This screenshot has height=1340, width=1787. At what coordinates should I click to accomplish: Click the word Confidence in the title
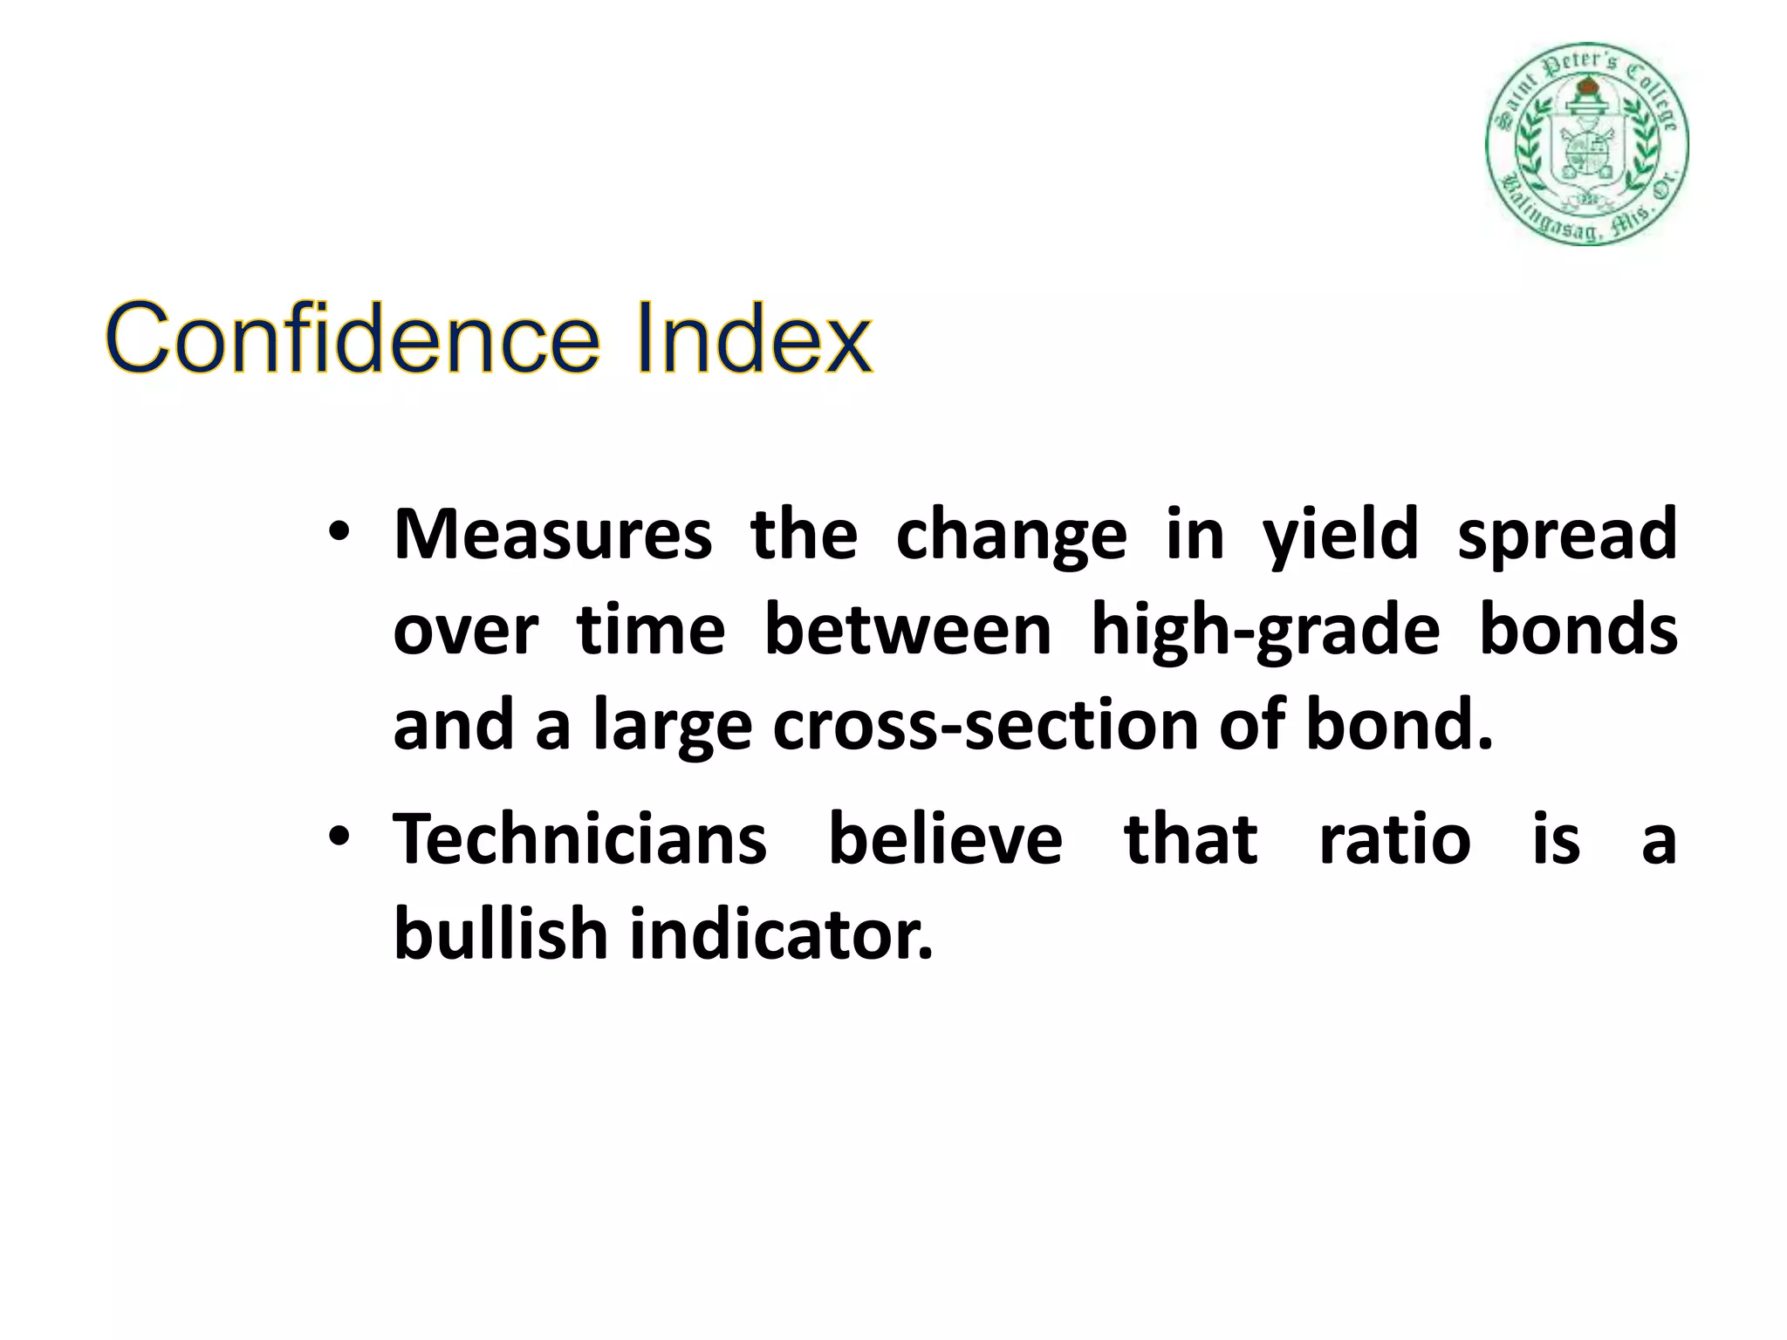(x=353, y=339)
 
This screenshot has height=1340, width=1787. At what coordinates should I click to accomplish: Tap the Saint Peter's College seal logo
(x=1587, y=144)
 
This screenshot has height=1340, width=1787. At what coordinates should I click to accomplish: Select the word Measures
(x=552, y=534)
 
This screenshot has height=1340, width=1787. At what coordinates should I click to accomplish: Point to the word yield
(x=1341, y=534)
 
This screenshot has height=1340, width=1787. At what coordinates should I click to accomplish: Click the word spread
(x=1567, y=534)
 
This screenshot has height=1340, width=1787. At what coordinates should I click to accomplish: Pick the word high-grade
(x=1265, y=630)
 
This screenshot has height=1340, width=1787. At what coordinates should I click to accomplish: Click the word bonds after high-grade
(x=1578, y=630)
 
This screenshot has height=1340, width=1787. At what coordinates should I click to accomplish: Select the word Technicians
(x=579, y=839)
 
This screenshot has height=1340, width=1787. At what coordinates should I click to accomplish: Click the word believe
(x=945, y=839)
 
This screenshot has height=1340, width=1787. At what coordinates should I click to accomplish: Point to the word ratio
(x=1394, y=839)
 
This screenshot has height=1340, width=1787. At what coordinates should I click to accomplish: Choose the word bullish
(x=501, y=935)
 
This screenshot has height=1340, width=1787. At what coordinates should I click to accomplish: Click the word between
(x=907, y=630)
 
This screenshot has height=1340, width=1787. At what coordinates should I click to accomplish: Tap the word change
(x=1011, y=534)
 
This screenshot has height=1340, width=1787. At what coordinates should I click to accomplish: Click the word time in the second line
(x=651, y=630)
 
